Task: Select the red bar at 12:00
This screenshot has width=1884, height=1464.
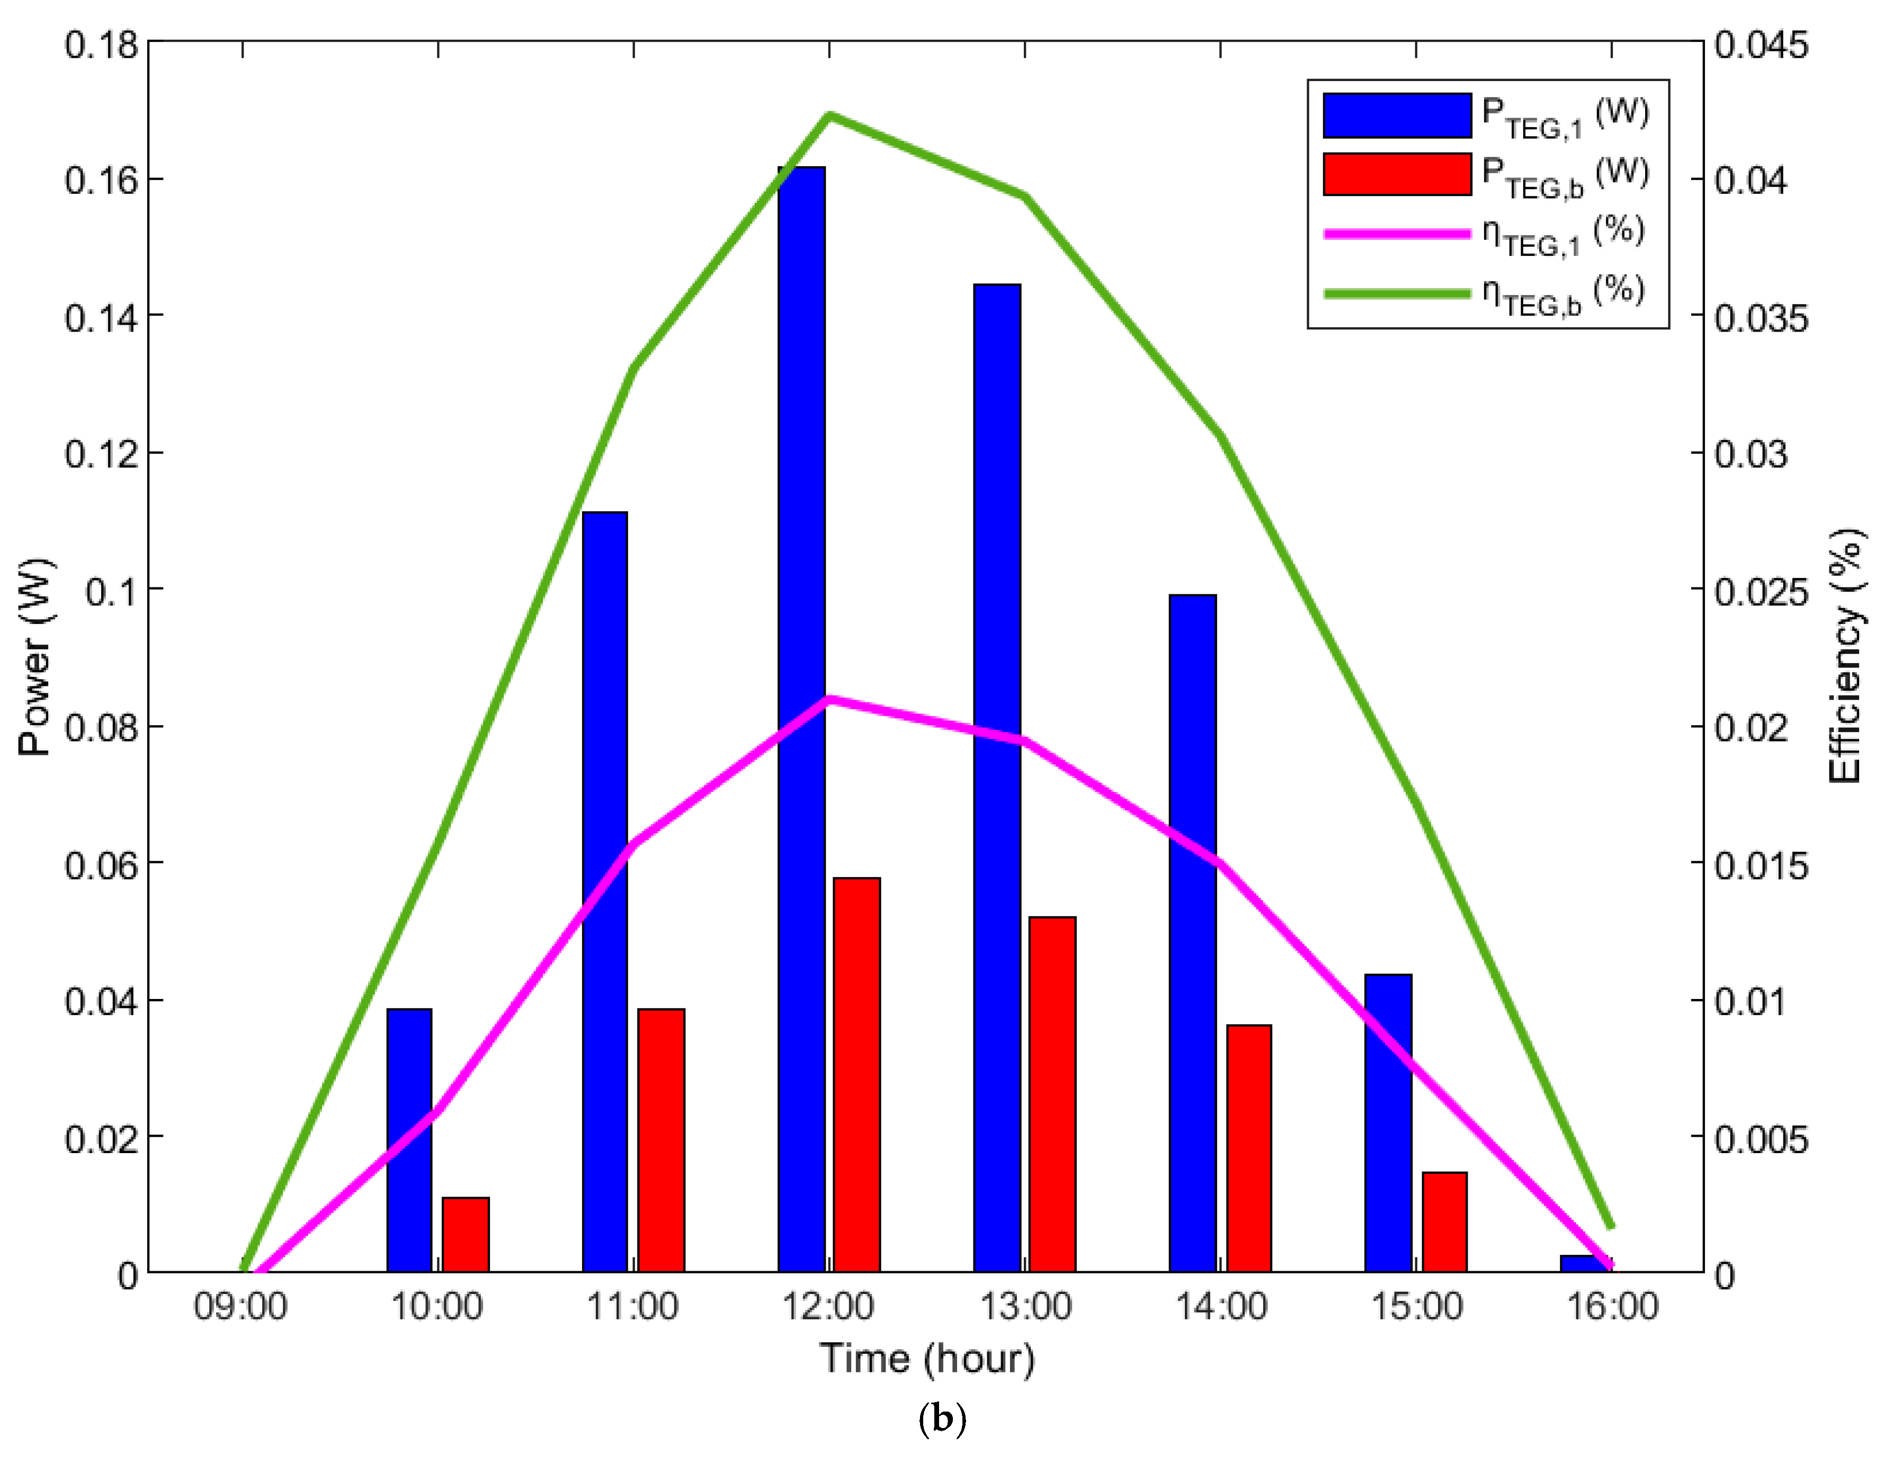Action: tap(856, 1074)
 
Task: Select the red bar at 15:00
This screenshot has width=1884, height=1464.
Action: tap(1444, 1221)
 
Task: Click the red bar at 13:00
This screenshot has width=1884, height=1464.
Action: tap(1052, 1094)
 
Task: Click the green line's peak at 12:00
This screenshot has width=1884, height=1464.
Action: tap(829, 115)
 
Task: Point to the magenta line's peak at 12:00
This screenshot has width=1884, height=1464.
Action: tap(829, 699)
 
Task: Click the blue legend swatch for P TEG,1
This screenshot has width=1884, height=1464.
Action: tap(1397, 115)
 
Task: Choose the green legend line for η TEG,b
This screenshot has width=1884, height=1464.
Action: tap(1397, 293)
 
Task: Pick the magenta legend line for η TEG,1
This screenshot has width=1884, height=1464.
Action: tap(1397, 234)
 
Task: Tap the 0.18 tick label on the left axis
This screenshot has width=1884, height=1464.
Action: tap(101, 45)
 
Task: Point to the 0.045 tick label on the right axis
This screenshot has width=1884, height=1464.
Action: tap(1760, 45)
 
